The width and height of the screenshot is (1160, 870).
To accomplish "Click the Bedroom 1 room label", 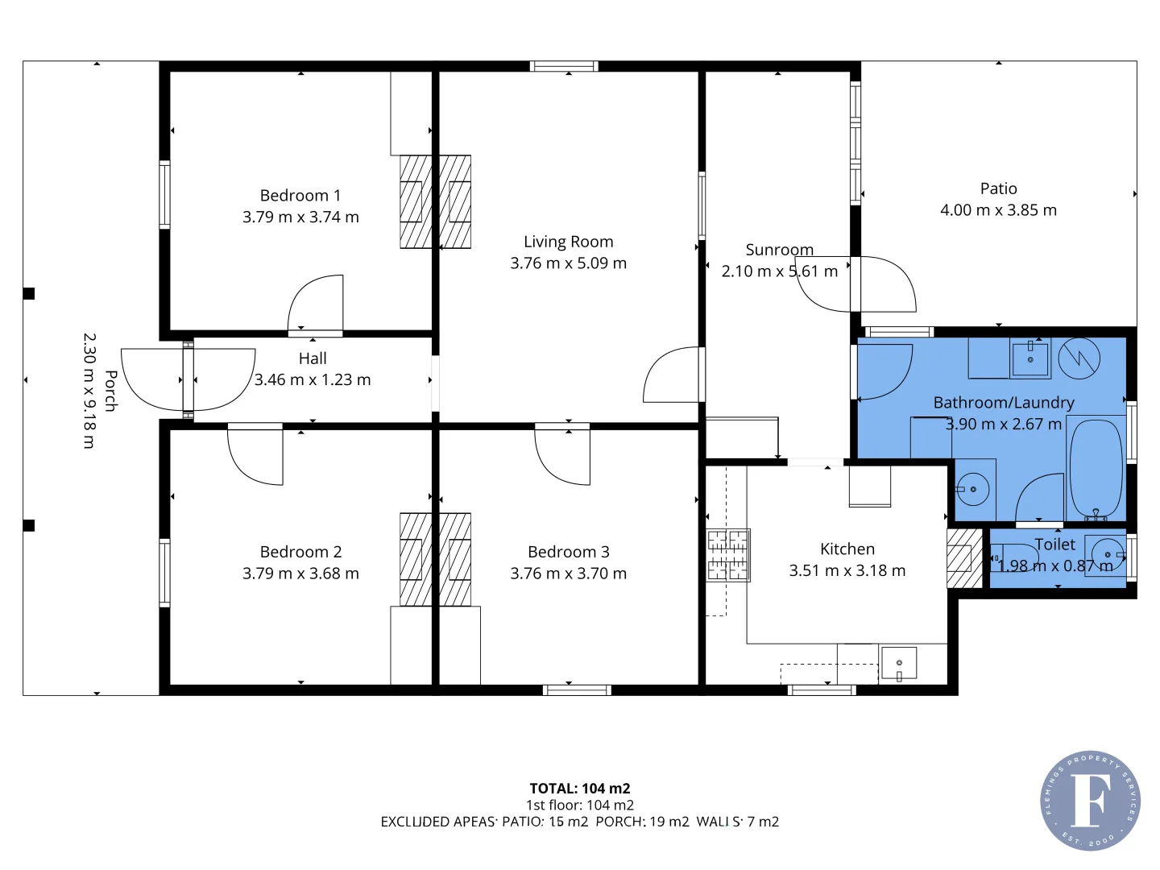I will click(300, 196).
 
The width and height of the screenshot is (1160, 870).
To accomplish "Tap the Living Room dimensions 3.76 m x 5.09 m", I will click(568, 263).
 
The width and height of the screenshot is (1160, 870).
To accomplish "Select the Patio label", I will click(998, 188).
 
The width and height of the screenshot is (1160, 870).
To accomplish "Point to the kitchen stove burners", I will click(728, 555).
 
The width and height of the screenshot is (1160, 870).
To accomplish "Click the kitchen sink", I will click(898, 663).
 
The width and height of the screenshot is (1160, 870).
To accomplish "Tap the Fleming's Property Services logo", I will click(1090, 800).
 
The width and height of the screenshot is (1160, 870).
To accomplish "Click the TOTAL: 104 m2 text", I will click(579, 789).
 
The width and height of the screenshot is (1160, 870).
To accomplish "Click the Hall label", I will click(313, 358).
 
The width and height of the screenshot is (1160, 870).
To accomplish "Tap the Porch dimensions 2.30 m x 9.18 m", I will click(89, 391).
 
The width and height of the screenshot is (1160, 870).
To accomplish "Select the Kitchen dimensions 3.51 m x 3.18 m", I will click(847, 570).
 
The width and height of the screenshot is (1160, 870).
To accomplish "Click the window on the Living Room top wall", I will click(564, 66).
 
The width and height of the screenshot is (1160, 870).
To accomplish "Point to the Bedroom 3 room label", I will click(568, 552).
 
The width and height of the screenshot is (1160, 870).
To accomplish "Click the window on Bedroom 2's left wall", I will click(164, 572).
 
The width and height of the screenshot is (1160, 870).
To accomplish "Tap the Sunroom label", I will click(779, 250).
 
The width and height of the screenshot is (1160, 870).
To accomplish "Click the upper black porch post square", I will click(29, 293).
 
